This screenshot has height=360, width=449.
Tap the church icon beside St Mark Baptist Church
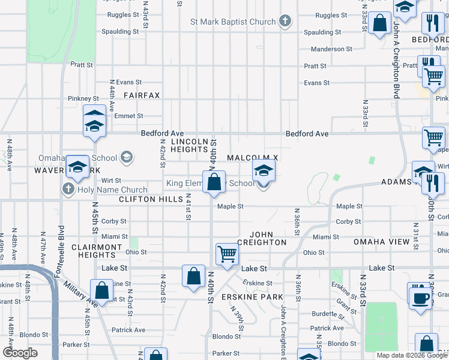(x=285, y=22)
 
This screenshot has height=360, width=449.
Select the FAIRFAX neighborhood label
(x=142, y=95)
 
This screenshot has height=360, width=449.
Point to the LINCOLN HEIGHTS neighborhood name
(x=190, y=145)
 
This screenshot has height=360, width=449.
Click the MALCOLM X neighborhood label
(x=253, y=157)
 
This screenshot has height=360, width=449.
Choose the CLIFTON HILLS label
(x=149, y=199)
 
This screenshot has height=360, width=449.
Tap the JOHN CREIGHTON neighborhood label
(x=262, y=238)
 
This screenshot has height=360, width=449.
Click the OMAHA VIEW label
(x=382, y=242)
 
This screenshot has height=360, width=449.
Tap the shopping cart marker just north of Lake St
(x=228, y=253)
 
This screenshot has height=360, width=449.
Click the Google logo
(x=20, y=353)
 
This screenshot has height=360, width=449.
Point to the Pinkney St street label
(x=83, y=98)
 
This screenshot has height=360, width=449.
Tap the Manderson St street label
(x=332, y=49)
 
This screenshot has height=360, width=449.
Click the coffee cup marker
(x=420, y=296)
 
